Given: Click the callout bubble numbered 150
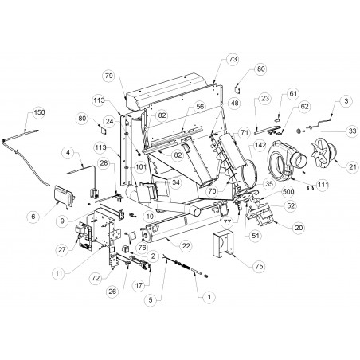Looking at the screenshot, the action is [x=39, y=112].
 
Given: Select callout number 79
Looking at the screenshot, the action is [x=109, y=76].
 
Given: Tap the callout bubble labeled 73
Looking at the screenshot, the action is [x=233, y=59].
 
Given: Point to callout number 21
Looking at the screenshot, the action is [x=353, y=166].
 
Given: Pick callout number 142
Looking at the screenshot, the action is [x=260, y=145].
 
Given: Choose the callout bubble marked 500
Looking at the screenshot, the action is [x=288, y=191].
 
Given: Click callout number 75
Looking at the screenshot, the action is [x=259, y=266].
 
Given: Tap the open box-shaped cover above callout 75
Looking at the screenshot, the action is [x=222, y=244].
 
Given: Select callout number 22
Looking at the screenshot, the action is [x=186, y=246].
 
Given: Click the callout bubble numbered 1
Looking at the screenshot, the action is [x=209, y=297].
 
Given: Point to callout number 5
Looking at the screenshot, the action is [x=151, y=300].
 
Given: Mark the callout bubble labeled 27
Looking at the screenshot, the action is [x=62, y=250].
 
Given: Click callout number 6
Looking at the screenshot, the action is [x=33, y=217].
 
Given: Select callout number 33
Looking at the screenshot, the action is [x=353, y=131].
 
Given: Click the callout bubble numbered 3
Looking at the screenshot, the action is [x=346, y=101].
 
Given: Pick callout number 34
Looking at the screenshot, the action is [x=175, y=182].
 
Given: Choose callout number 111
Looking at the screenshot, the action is [x=323, y=184].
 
